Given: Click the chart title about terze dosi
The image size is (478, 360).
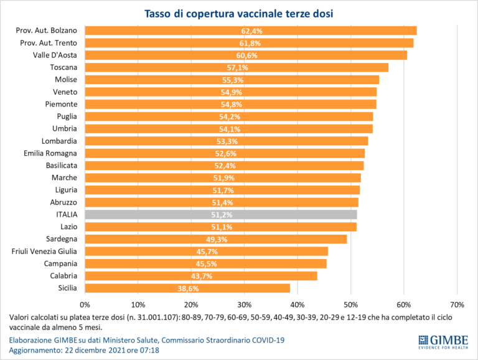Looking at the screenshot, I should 238,14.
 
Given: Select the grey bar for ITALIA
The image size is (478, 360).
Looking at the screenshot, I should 221,214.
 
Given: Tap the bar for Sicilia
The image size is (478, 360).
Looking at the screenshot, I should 187,288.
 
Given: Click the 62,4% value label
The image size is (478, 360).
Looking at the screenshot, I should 251,31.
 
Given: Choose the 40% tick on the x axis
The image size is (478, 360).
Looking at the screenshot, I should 298,305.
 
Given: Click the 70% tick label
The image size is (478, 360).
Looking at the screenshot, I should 457,305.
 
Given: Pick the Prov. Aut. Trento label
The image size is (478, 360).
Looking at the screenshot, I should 49,42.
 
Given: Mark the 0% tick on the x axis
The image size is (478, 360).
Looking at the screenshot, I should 85,305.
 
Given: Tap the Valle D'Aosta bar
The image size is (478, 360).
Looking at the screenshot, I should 246,55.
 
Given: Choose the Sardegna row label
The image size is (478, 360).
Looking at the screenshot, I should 61,239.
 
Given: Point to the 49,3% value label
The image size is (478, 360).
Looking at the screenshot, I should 216,239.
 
